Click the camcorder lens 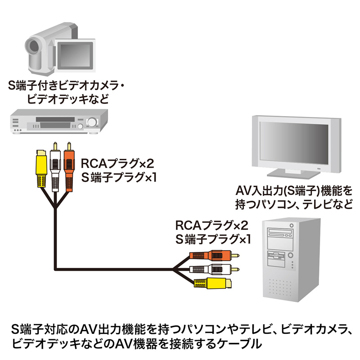click(32, 46)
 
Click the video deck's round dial click(92, 122)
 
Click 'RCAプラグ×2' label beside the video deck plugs click(117, 163)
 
